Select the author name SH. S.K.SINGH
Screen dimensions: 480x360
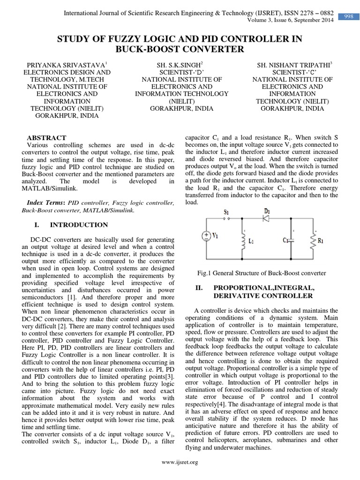pos(180,65)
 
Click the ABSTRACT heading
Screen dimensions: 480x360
pos(46,138)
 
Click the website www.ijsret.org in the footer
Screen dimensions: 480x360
pos(180,462)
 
